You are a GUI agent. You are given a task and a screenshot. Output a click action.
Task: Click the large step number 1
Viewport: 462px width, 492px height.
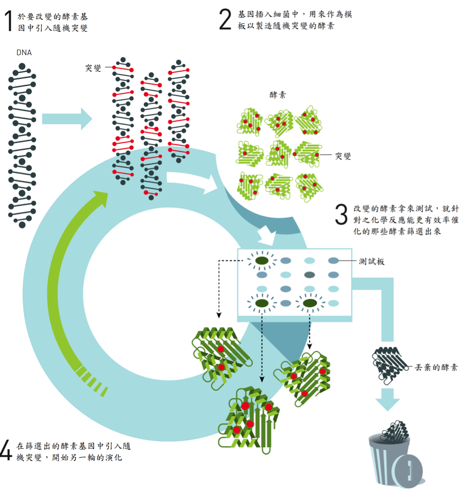(x=10, y=21)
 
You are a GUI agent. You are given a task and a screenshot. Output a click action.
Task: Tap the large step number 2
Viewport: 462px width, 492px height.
(x=226, y=20)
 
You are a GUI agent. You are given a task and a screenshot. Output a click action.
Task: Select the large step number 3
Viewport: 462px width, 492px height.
(x=342, y=214)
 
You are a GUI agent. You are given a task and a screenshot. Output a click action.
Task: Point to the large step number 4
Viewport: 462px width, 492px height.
(x=6, y=450)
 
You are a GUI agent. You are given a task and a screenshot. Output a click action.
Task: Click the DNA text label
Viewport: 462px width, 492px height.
(x=24, y=52)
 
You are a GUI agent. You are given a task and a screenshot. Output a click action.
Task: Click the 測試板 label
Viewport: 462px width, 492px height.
(x=372, y=261)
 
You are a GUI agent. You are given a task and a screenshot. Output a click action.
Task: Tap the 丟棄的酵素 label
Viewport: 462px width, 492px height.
(x=436, y=367)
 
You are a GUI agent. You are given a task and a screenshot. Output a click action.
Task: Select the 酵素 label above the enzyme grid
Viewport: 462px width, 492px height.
(x=278, y=95)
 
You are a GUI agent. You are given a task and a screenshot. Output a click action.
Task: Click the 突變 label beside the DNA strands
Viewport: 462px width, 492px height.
(x=93, y=68)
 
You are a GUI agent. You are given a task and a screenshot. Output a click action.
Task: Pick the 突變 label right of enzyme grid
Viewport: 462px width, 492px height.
(x=343, y=156)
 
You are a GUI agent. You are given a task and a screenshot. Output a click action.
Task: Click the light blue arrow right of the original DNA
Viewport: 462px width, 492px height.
(x=67, y=119)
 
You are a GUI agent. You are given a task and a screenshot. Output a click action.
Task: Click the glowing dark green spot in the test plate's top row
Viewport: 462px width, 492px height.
(x=262, y=260)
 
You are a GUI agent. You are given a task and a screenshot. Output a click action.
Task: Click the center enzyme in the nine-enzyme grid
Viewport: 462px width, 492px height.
(x=279, y=154)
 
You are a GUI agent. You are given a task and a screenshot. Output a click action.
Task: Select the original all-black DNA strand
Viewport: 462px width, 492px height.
(x=22, y=145)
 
